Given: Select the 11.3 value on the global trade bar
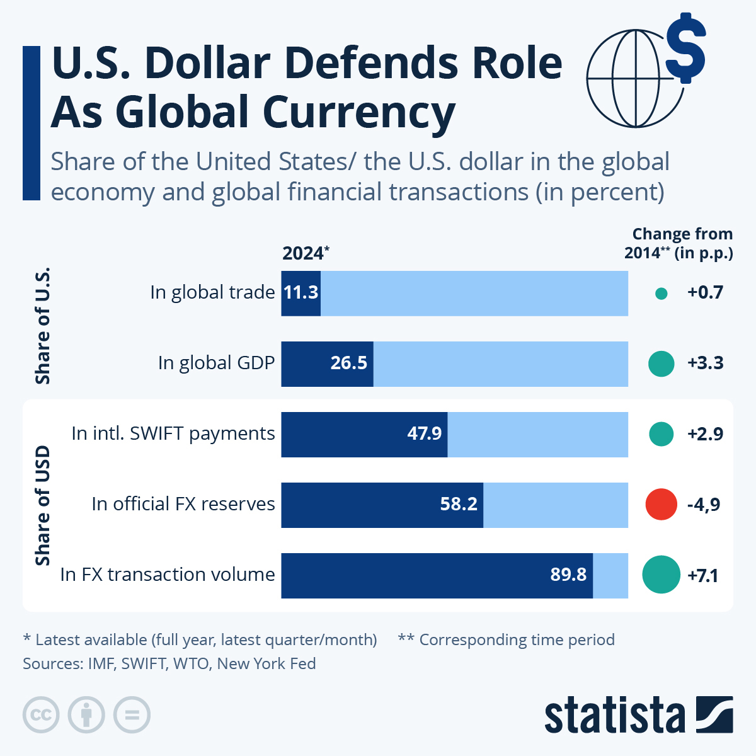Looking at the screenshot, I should point(301,293).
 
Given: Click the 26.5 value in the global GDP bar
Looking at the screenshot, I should point(348,364).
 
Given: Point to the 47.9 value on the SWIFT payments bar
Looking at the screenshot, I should point(424,434).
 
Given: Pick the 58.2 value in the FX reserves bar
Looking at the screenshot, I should point(459,505).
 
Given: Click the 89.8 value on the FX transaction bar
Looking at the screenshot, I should point(568,575).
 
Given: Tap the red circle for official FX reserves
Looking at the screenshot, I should point(661,504).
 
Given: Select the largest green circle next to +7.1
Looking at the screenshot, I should point(661,575).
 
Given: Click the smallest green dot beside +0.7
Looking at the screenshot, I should point(661,293).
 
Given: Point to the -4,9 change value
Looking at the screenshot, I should point(704,505).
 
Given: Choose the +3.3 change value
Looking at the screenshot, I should point(705,364).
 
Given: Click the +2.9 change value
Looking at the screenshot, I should point(705,434).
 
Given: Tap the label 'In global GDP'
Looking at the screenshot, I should point(216,364).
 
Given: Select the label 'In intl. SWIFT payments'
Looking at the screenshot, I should point(173,434).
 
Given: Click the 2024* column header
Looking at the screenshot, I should point(306,253).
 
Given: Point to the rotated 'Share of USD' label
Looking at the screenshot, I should point(42,505).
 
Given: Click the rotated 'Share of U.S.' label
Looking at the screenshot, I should point(42,326).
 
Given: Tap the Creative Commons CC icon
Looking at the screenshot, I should point(41,715).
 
